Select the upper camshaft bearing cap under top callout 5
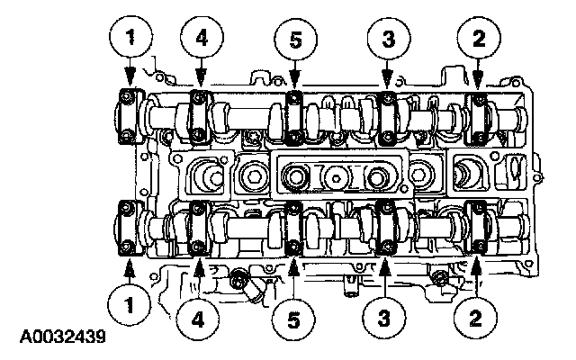point(293,116)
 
